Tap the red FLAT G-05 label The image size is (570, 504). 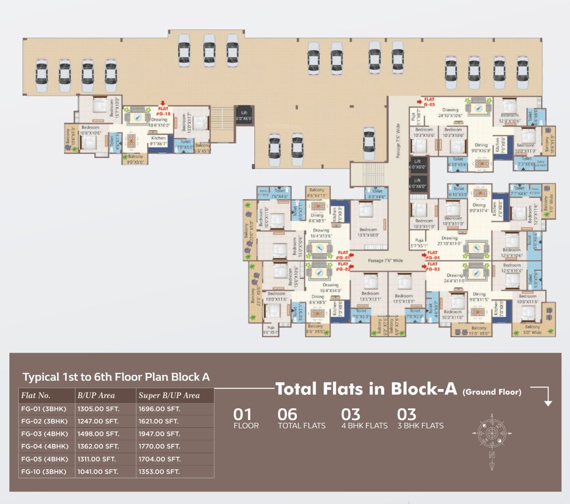tap(429, 102)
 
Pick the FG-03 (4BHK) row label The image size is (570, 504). tap(45, 434)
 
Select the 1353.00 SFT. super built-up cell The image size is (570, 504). tap(159, 471)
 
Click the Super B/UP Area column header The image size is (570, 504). tap(169, 396)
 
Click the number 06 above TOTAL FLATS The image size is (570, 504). tap(287, 415)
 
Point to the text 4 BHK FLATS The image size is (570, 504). tap(364, 426)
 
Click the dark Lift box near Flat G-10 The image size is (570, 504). tap(243, 115)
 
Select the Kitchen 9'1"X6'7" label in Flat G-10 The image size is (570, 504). tap(159, 140)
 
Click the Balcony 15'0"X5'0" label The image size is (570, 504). tap(479, 330)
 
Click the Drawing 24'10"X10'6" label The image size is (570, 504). tap(450, 113)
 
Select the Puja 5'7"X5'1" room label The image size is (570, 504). tap(418, 243)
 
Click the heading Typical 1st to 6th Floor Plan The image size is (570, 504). tap(116, 377)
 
